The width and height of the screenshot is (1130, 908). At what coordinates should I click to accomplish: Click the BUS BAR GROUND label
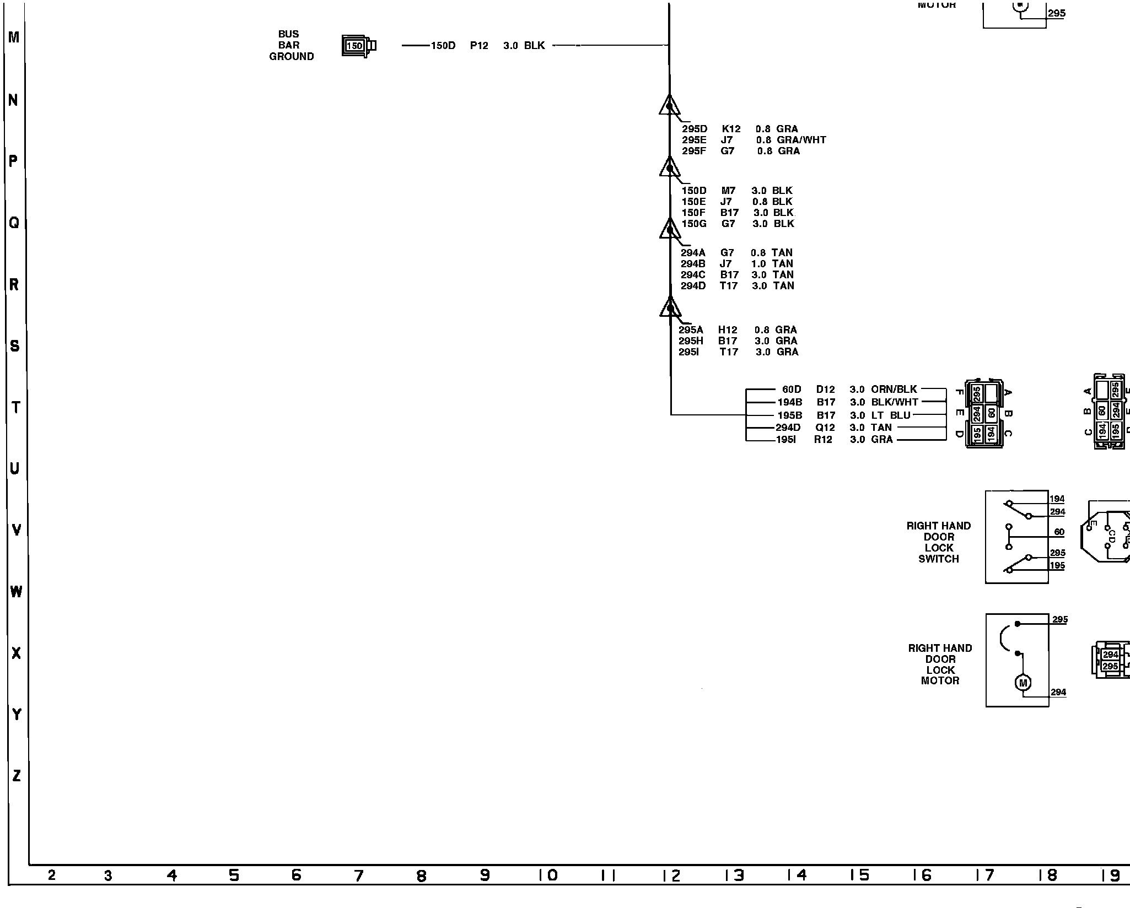(x=290, y=45)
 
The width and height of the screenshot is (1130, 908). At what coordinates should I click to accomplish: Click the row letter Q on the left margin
(x=14, y=223)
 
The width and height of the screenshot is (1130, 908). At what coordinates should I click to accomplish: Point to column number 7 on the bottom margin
(x=359, y=875)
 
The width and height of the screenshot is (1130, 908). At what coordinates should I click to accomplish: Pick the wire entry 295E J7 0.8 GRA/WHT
(x=754, y=140)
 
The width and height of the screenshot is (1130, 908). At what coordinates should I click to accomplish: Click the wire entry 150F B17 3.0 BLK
(x=738, y=213)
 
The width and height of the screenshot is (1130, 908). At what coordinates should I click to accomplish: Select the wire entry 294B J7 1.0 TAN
(x=736, y=264)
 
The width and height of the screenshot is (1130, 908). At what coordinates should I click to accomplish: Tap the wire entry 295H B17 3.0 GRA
(x=738, y=341)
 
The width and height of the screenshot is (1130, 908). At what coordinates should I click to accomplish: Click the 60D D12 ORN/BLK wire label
(x=849, y=390)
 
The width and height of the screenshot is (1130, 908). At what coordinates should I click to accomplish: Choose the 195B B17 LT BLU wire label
(x=843, y=415)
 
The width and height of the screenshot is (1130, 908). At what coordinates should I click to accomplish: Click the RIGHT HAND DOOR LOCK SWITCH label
(x=938, y=542)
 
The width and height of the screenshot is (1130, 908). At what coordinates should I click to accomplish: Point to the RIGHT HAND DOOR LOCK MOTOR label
(x=940, y=664)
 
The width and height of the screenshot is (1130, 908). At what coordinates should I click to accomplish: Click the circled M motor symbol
(x=1023, y=683)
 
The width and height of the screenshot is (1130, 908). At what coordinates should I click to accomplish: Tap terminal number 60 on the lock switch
(x=1059, y=532)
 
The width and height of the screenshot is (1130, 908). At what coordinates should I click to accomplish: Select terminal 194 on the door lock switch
(x=1057, y=499)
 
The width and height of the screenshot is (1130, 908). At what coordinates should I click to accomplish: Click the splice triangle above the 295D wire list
(x=669, y=105)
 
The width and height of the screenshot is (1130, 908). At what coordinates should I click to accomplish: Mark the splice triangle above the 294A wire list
(x=670, y=229)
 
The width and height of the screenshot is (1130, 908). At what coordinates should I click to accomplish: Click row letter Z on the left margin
(x=17, y=776)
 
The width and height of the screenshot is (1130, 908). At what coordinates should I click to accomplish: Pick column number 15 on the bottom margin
(x=859, y=875)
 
